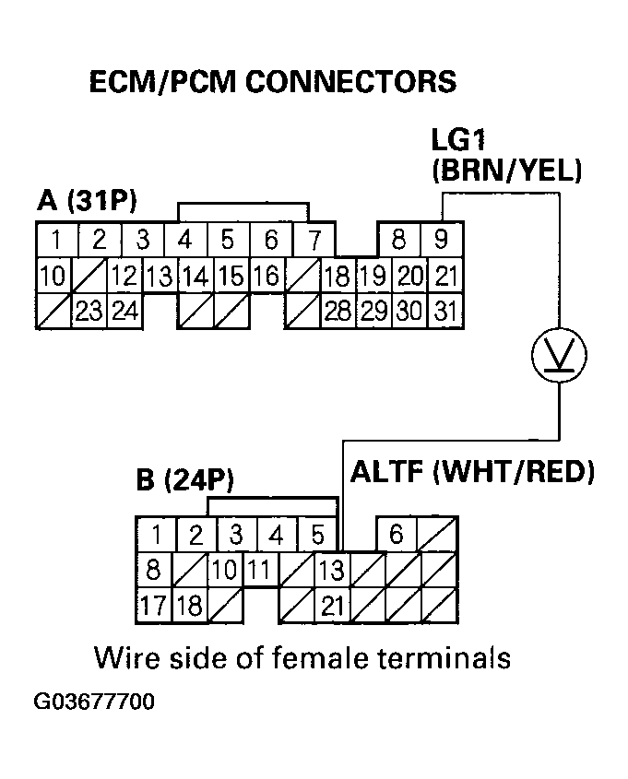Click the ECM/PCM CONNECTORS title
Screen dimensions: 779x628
click(x=271, y=82)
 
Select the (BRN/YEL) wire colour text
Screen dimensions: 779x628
click(x=506, y=171)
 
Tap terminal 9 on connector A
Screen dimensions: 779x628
click(x=442, y=241)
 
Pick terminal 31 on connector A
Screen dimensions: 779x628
click(x=445, y=310)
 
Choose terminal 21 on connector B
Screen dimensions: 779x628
click(x=332, y=606)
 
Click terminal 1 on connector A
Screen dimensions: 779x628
click(x=56, y=242)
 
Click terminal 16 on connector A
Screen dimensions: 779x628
click(x=266, y=275)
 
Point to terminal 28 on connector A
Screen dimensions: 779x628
click(x=337, y=310)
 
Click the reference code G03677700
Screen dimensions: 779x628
click(x=94, y=702)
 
